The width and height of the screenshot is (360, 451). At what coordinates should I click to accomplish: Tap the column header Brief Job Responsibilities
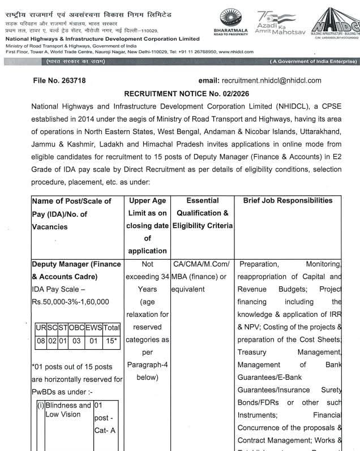[x=288, y=201]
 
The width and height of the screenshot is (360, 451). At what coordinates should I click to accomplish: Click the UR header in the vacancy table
[x=41, y=328]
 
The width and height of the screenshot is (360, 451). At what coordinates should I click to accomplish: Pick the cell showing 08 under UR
[x=41, y=341]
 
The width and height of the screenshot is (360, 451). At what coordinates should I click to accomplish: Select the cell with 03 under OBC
[x=76, y=341]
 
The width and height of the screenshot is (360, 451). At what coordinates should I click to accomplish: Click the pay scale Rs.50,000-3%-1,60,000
[x=70, y=302]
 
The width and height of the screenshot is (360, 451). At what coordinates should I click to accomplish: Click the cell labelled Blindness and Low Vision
[x=68, y=410]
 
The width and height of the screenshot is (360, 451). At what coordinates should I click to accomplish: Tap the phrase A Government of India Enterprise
[x=313, y=61]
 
